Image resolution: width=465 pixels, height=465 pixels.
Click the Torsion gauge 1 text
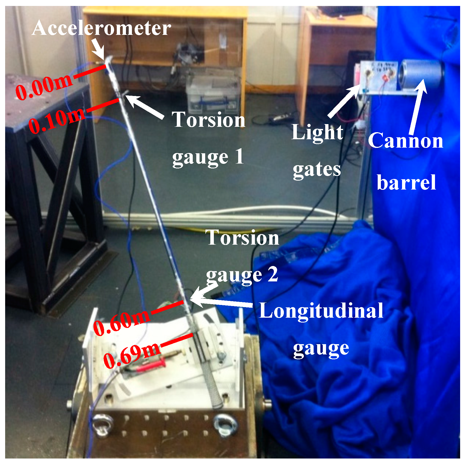(x=208, y=138)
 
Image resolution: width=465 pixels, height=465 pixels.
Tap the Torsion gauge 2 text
(x=242, y=255)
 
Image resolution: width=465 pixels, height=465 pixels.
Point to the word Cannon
(x=406, y=141)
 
